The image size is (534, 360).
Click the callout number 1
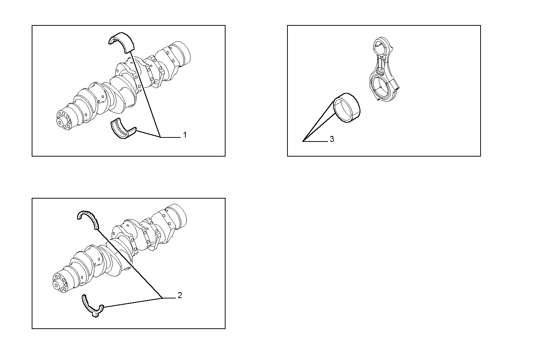click(x=185, y=135)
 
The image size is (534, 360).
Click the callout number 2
click(x=179, y=295)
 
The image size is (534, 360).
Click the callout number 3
click(x=332, y=139)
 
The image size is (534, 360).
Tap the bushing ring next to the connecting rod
click(x=347, y=107)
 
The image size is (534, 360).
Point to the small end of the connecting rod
click(x=378, y=46)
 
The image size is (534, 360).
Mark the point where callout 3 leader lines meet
click(x=303, y=141)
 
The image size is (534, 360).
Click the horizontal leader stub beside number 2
click(x=169, y=298)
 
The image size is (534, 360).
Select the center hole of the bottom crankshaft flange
click(x=56, y=284)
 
